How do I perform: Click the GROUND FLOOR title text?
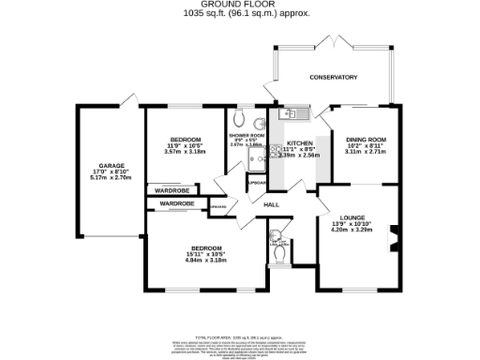pyautogui.click(x=240, y=5)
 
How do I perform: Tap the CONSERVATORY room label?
pyautogui.click(x=334, y=77)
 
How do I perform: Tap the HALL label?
pyautogui.click(x=272, y=204)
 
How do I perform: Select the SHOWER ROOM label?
pyautogui.click(x=246, y=136)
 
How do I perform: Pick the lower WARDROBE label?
pyautogui.click(x=175, y=203)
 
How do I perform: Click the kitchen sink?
pyautogui.click(x=288, y=115)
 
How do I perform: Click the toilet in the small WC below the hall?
pyautogui.click(x=280, y=252)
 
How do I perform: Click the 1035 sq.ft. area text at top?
pyautogui.click(x=240, y=14)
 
